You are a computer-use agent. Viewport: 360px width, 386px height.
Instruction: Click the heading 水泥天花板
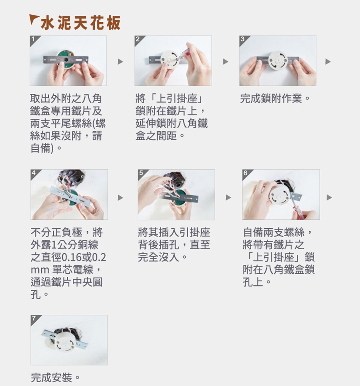pos(80,23)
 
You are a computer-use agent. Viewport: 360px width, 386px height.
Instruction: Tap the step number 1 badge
pos(33,39)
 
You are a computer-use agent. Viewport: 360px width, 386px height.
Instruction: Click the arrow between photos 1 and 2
pos(120,62)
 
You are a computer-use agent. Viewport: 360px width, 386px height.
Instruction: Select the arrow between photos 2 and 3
pos(225,62)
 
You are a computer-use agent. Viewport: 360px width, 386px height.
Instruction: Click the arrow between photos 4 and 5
pos(120,198)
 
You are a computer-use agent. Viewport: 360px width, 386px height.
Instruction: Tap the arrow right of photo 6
pos(329,198)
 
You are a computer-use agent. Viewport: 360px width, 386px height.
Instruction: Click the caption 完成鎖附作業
pos(274,99)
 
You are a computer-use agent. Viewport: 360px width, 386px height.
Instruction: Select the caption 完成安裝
pos(55,377)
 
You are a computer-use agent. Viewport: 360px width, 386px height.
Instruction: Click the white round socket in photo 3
pos(278,60)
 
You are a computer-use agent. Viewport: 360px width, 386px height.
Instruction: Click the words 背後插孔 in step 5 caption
pos(159,245)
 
